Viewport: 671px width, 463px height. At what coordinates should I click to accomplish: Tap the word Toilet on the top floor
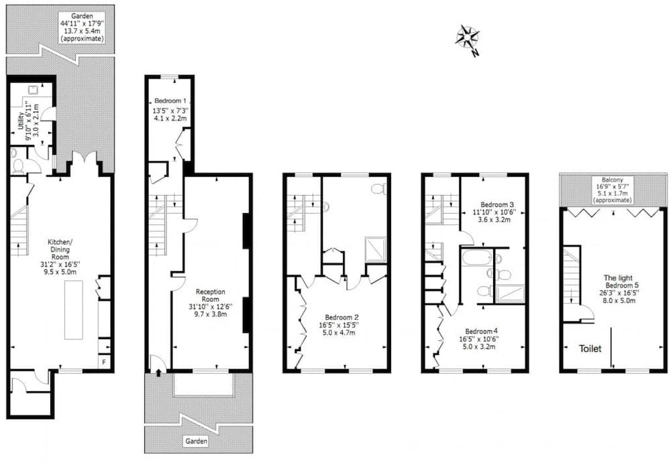590,349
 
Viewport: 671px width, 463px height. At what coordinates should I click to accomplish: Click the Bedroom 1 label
170,109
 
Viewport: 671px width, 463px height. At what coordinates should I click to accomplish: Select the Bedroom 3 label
497,212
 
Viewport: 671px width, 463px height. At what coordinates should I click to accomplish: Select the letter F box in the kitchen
104,363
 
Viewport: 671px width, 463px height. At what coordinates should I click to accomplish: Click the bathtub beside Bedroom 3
476,257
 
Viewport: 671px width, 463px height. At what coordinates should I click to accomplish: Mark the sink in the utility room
32,89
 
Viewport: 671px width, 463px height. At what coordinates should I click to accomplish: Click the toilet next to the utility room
17,163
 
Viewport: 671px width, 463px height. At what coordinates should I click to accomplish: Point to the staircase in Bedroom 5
571,275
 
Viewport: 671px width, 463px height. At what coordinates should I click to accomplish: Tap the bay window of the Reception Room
203,385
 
